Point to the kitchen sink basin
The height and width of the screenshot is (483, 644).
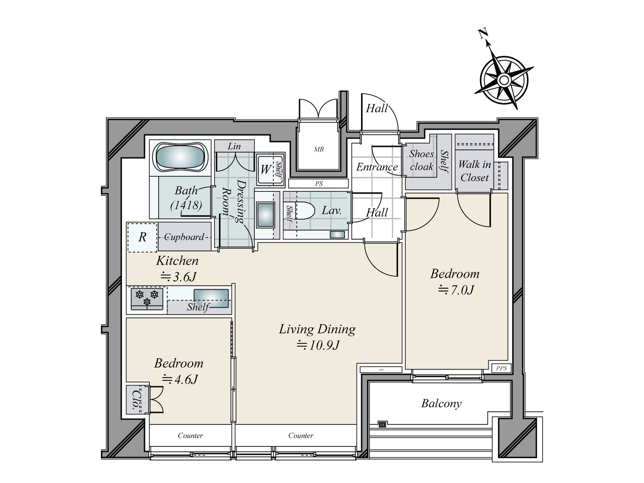[211, 298]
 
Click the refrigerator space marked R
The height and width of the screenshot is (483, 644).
[142, 237]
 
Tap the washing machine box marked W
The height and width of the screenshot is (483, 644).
[266, 169]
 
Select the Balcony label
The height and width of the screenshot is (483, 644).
[441, 403]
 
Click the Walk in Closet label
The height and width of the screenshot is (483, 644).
[474, 171]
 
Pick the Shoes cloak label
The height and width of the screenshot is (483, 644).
[421, 160]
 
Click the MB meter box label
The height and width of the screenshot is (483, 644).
[319, 149]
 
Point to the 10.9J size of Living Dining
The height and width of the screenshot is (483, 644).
[318, 345]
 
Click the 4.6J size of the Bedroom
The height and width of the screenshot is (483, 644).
[180, 379]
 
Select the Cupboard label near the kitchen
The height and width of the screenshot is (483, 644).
[184, 237]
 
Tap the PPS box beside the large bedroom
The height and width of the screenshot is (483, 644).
[501, 368]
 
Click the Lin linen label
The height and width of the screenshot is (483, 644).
[234, 146]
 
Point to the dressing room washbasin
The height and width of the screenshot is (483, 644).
[266, 216]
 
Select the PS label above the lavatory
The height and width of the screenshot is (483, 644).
[319, 184]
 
